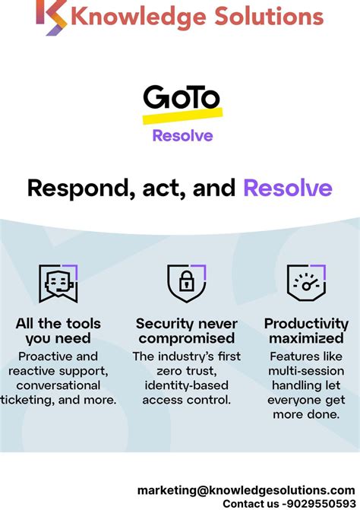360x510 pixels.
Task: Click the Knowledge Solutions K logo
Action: (x=51, y=17)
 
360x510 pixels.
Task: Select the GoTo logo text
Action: (x=182, y=99)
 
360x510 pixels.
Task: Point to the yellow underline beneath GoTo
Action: (x=182, y=116)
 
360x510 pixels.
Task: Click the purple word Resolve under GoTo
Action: (x=182, y=136)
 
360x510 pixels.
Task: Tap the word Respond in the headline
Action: (x=79, y=188)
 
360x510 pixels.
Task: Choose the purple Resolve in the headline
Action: (x=287, y=188)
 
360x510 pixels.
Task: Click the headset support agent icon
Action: (x=58, y=284)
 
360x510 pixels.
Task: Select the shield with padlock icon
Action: (x=186, y=284)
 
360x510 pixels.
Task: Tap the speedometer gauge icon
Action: (x=306, y=284)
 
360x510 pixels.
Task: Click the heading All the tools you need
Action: (x=58, y=331)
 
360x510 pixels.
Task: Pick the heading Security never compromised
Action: (x=186, y=331)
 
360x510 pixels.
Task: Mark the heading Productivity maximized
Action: (x=306, y=331)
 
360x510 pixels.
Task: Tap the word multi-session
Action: (x=306, y=371)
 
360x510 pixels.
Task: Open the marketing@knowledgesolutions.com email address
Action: (x=245, y=490)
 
